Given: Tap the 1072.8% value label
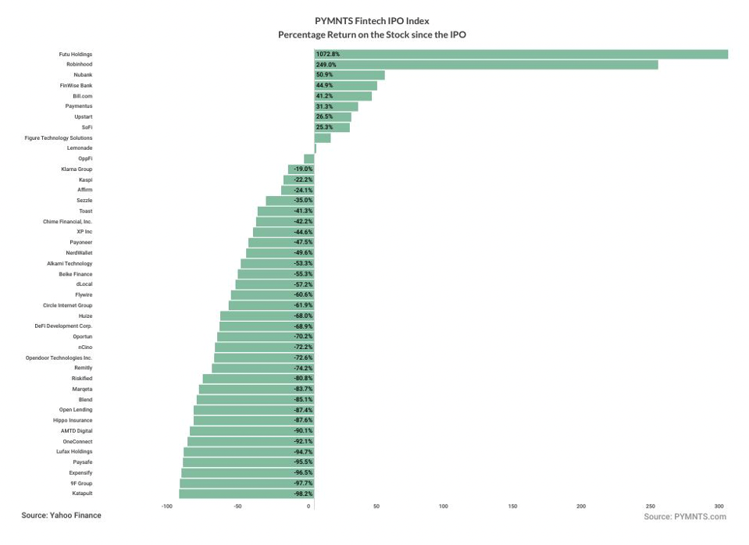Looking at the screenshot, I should click(x=328, y=54).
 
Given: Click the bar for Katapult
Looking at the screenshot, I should click(x=247, y=493).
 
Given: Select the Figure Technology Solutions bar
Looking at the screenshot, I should click(x=323, y=138).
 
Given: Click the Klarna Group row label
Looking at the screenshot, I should click(x=77, y=169).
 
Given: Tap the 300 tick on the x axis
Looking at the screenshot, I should click(x=719, y=507).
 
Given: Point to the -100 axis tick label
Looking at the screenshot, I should click(x=166, y=507).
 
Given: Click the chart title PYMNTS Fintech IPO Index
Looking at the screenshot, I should click(x=372, y=21).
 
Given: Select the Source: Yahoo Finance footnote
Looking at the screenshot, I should click(x=61, y=516).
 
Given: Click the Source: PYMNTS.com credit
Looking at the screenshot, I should click(x=685, y=517).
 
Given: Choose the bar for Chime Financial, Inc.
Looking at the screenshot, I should click(x=285, y=222).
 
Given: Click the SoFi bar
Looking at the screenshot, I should click(x=332, y=127).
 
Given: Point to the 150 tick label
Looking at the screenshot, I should click(x=512, y=507).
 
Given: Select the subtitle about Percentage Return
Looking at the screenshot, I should click(x=372, y=35).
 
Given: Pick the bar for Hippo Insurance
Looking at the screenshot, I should click(x=254, y=420).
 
